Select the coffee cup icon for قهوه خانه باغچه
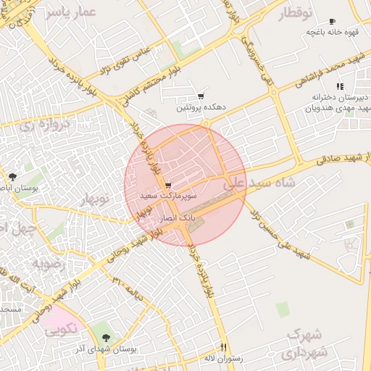click(x=332, y=22)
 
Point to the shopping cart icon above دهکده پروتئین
click(x=201, y=96)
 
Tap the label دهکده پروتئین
click(x=201, y=107)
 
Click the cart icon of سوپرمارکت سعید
click(x=168, y=185)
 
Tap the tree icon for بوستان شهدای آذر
click(x=107, y=337)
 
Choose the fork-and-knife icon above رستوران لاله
click(x=223, y=347)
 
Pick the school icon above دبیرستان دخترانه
click(x=340, y=87)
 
